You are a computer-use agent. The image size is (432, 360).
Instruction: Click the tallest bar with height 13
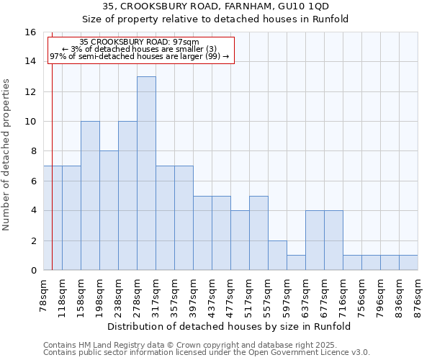[146, 173]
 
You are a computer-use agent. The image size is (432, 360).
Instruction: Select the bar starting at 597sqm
[296, 263]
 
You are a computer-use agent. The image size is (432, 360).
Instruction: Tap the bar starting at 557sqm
[277, 256]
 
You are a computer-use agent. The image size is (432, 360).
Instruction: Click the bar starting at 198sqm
[109, 210]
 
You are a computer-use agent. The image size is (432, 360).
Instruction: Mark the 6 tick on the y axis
[33, 181]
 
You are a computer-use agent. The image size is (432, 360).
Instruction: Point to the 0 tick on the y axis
[33, 270]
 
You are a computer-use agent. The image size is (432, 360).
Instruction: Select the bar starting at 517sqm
[258, 233]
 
